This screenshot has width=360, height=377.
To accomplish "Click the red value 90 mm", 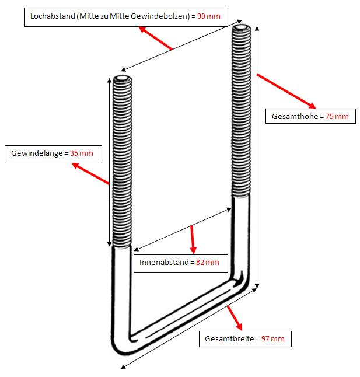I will coord(209,16).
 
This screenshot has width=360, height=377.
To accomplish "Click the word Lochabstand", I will coord(51,16).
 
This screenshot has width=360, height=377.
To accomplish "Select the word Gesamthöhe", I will coord(295,117).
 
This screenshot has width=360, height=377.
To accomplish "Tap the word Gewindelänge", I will coord(38,154).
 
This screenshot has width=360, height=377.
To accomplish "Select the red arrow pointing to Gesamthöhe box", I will coord(286,90).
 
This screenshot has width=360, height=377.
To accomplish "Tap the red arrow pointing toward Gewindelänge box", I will coord(90,174).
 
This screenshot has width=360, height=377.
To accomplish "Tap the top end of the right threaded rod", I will coord(242,28).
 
